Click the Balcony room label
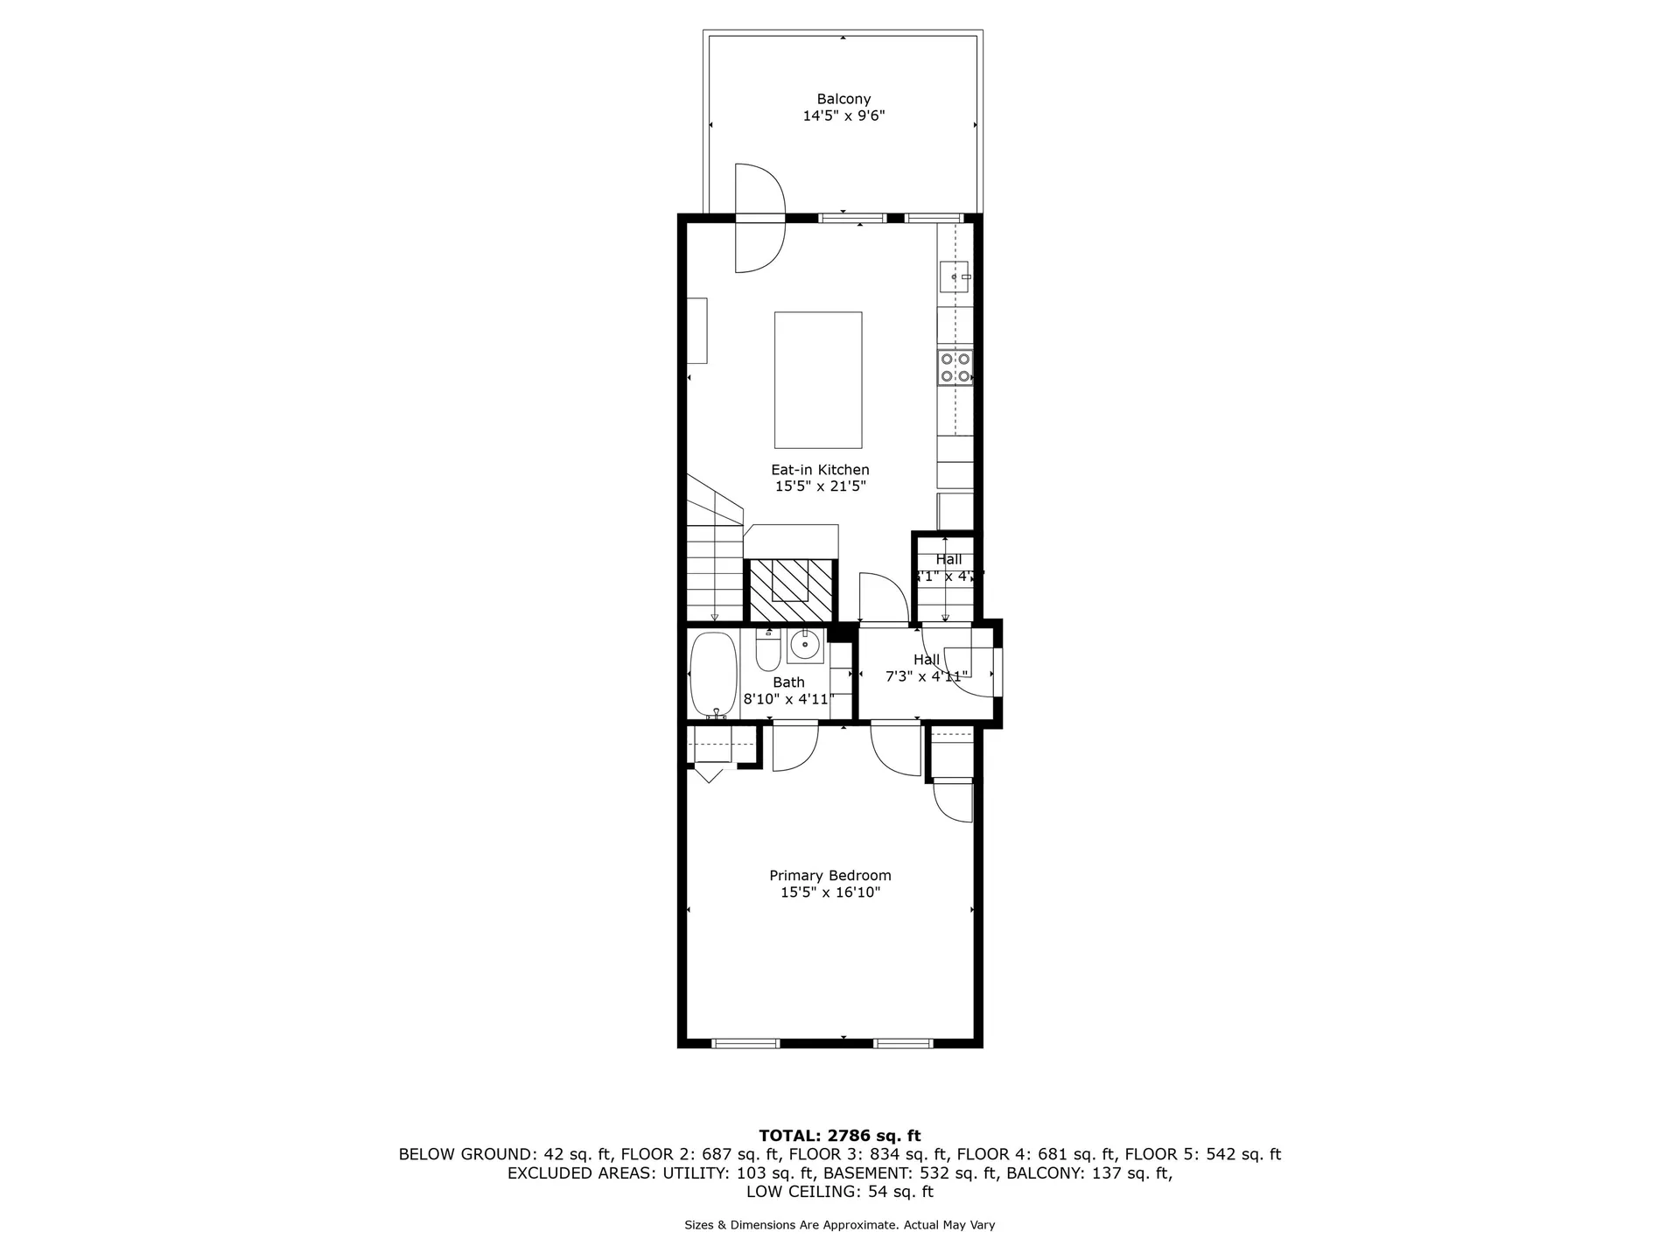pos(843,99)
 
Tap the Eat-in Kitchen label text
pos(820,470)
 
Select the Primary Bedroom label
pos(829,875)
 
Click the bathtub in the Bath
pos(713,675)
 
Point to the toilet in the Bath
pos(767,653)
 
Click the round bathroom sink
pos(804,646)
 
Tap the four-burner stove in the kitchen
pos(955,367)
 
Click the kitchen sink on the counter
pos(954,276)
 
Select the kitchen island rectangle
pos(817,380)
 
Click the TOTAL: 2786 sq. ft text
pos(839,1136)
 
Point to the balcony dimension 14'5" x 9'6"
pos(843,115)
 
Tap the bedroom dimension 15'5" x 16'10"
pos(829,892)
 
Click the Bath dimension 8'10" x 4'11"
pos(788,699)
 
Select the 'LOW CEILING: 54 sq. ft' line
pos(839,1192)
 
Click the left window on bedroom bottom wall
pos(745,1043)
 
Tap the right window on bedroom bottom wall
pos(903,1043)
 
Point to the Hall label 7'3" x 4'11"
pos(926,675)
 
